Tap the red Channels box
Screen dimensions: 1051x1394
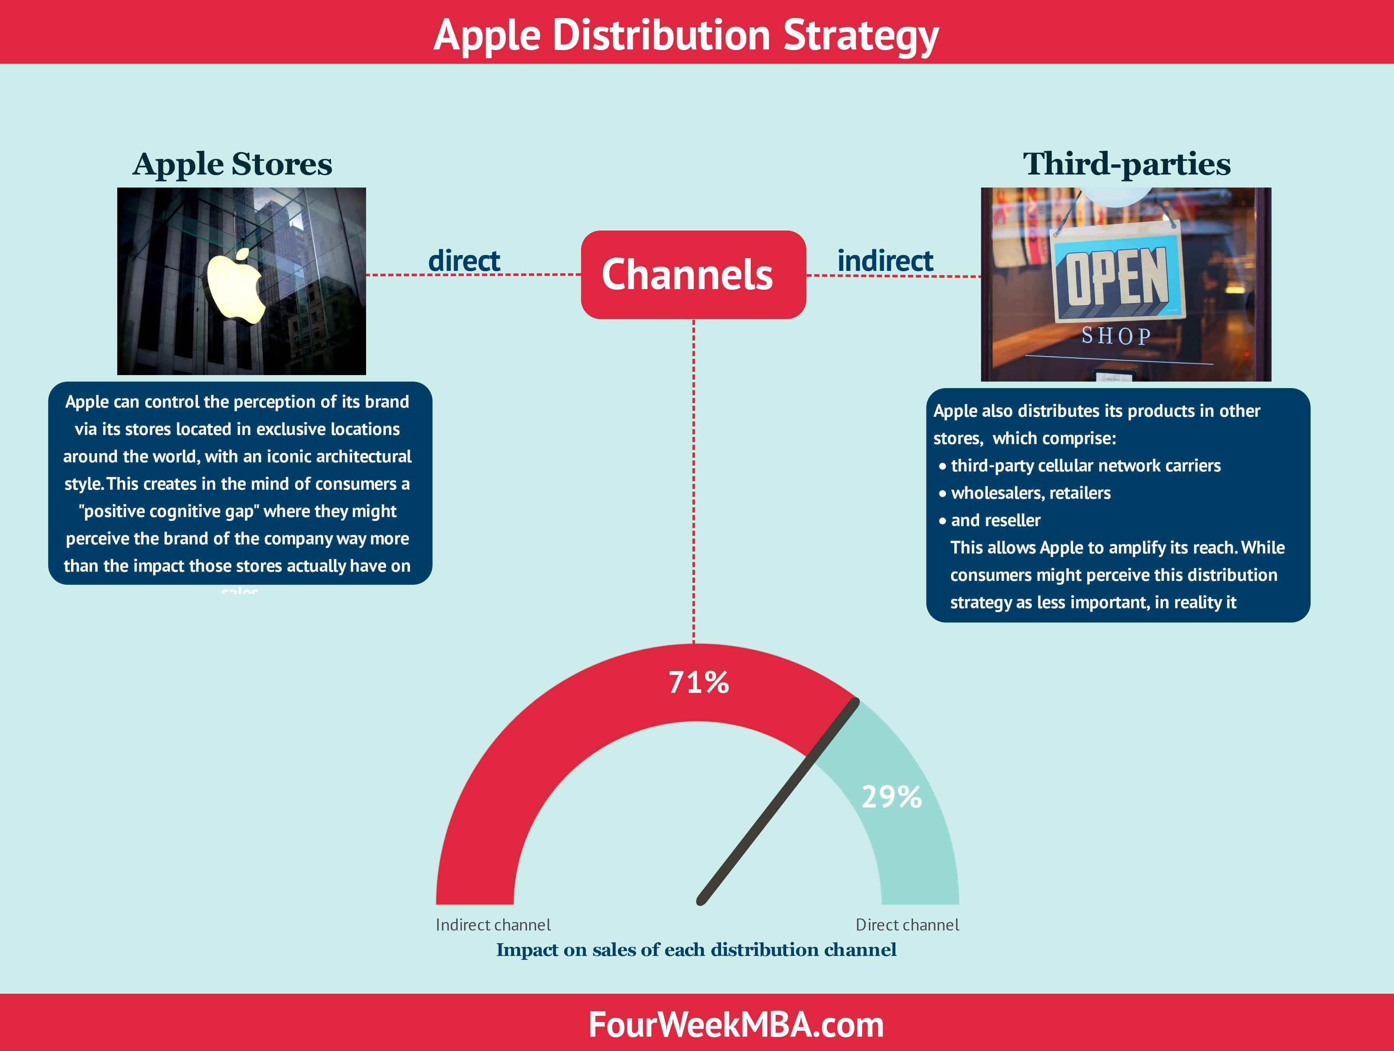coord(692,275)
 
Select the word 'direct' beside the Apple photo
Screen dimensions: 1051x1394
coord(464,261)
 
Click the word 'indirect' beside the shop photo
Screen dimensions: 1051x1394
coord(885,261)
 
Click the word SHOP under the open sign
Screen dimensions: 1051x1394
coord(1116,336)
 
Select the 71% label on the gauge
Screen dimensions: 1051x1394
coord(698,682)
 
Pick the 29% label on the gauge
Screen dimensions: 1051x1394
coord(891,797)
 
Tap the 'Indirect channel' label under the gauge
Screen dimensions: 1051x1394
coord(493,925)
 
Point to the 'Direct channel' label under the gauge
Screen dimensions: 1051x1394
coord(907,925)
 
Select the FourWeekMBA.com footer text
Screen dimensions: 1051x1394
coord(735,1025)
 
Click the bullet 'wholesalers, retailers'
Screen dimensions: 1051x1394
coord(1031,493)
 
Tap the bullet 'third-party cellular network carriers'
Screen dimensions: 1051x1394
coord(1085,466)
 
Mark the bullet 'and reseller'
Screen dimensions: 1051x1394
coord(995,521)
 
